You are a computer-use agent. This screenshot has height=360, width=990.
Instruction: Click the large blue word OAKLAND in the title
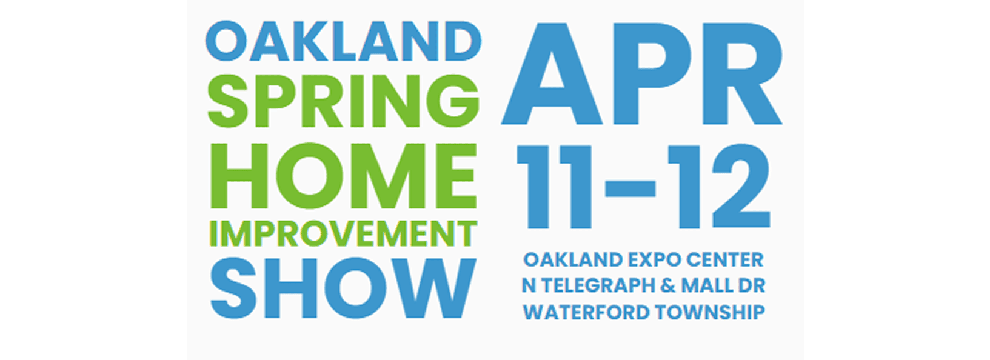pyautogui.click(x=343, y=41)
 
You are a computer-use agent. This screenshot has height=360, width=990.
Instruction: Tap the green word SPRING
pyautogui.click(x=343, y=101)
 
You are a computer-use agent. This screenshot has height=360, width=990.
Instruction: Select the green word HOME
pyautogui.click(x=343, y=176)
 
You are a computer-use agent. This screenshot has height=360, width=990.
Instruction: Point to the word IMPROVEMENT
pyautogui.click(x=343, y=234)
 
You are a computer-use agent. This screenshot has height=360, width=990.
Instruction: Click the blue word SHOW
pyautogui.click(x=343, y=288)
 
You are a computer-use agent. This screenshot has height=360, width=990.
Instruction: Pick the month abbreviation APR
pyautogui.click(x=642, y=73)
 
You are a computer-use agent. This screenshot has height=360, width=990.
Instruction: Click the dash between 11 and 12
pyautogui.click(x=630, y=188)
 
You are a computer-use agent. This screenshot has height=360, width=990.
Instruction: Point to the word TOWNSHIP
pyautogui.click(x=711, y=312)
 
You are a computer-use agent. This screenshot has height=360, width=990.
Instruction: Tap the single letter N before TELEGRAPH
pyautogui.click(x=529, y=286)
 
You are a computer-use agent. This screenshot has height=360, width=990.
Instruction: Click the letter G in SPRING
pyautogui.click(x=453, y=101)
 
